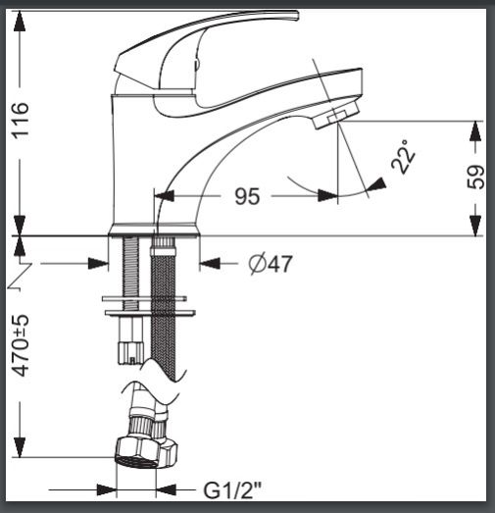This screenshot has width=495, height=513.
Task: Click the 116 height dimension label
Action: pyautogui.click(x=21, y=121)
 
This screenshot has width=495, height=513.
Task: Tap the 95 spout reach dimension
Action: pyautogui.click(x=247, y=196)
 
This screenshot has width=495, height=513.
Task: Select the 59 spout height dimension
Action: pyautogui.click(x=475, y=177)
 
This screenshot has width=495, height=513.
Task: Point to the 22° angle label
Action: pyautogui.click(x=403, y=157)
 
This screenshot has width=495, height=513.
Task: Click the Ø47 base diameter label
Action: pyautogui.click(x=271, y=264)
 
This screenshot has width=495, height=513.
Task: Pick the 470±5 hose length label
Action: pyautogui.click(x=21, y=345)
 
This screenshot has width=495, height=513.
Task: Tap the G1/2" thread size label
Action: pyautogui.click(x=232, y=490)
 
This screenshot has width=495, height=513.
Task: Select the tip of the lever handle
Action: pyautogui.click(x=298, y=16)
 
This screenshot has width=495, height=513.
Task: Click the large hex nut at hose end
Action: pyautogui.click(x=136, y=452)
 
